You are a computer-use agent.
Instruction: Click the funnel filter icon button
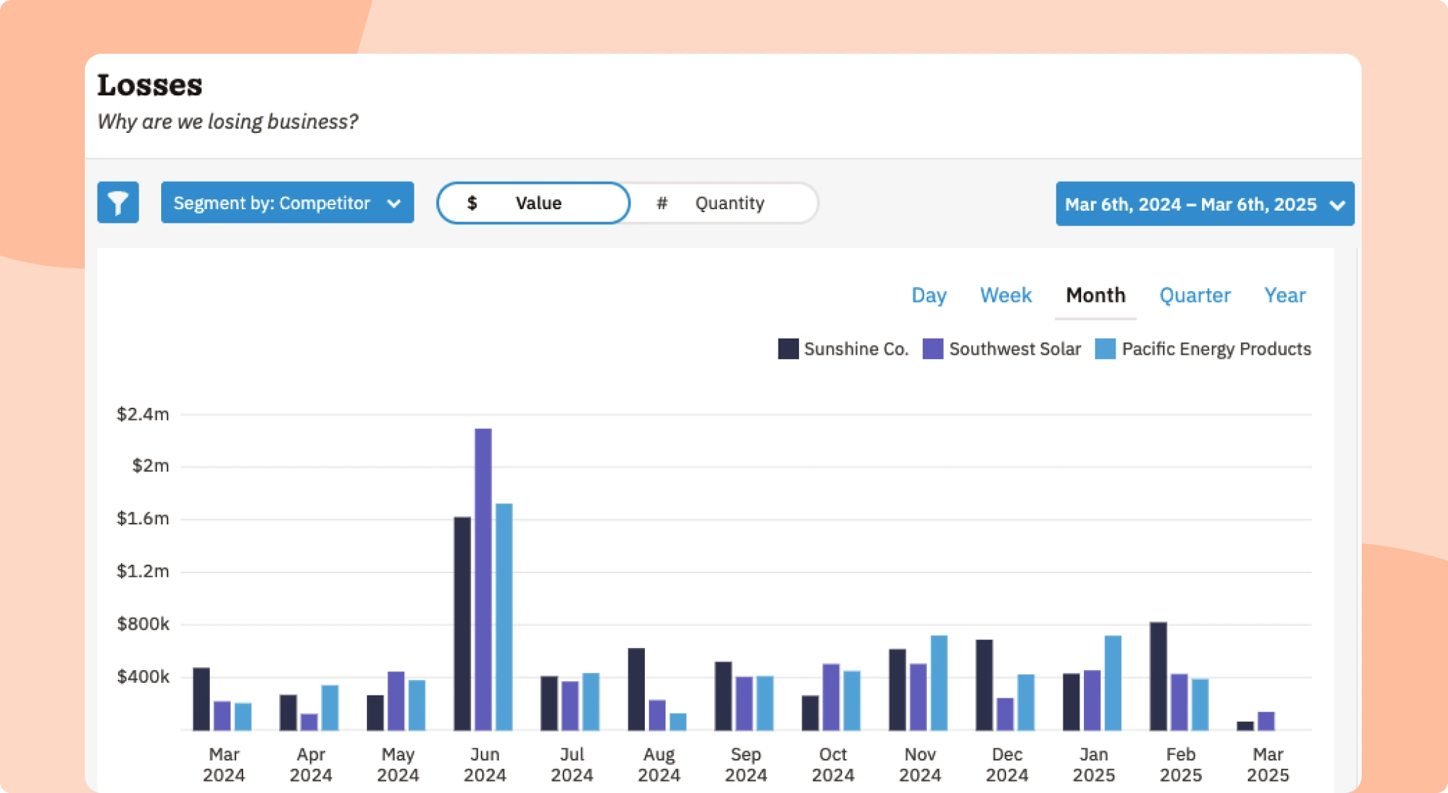[118, 203]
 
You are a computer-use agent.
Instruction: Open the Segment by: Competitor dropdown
[287, 203]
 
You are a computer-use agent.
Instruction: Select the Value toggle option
[533, 204]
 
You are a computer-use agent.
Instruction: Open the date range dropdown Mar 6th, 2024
[1204, 204]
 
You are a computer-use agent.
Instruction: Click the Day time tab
[928, 295]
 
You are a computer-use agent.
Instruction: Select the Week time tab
[1005, 295]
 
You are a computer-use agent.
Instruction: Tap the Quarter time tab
[1195, 295]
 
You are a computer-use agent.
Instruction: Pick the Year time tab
[1285, 295]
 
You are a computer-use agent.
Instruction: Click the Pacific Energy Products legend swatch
[1105, 349]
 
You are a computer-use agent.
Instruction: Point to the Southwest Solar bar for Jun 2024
[483, 580]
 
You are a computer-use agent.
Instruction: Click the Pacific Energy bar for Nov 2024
[939, 683]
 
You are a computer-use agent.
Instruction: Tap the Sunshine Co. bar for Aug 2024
[636, 689]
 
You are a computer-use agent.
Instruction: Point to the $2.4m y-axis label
[143, 414]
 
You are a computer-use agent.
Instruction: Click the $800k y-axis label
[143, 624]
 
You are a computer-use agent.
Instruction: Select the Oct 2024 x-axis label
[833, 765]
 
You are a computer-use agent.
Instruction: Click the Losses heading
[150, 86]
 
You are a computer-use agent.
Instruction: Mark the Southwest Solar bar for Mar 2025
[1266, 721]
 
